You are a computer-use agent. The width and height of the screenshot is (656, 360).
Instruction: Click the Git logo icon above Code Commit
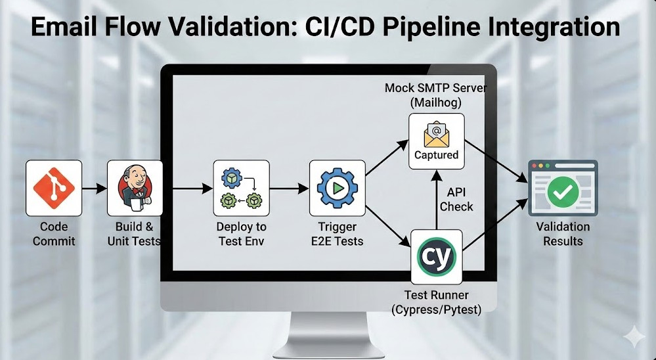54,188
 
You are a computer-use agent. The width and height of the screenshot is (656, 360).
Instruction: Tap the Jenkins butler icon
135,188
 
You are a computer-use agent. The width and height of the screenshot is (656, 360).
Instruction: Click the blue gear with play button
337,188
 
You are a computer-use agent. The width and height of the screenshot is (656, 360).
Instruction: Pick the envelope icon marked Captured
436,135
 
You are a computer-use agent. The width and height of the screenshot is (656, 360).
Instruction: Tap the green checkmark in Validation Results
562,191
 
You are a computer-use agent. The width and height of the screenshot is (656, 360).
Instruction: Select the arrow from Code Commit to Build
95,189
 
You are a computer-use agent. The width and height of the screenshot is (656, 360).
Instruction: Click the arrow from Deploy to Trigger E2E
289,189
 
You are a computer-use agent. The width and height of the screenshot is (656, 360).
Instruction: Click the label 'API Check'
456,199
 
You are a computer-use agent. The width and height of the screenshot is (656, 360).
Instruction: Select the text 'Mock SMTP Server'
436,87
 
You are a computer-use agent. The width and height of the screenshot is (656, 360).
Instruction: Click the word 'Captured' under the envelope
436,155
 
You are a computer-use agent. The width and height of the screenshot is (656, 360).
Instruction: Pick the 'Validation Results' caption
563,234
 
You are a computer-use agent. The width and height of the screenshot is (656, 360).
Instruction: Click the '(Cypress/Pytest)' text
437,309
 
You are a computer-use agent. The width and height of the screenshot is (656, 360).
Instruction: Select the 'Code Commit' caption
54,234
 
